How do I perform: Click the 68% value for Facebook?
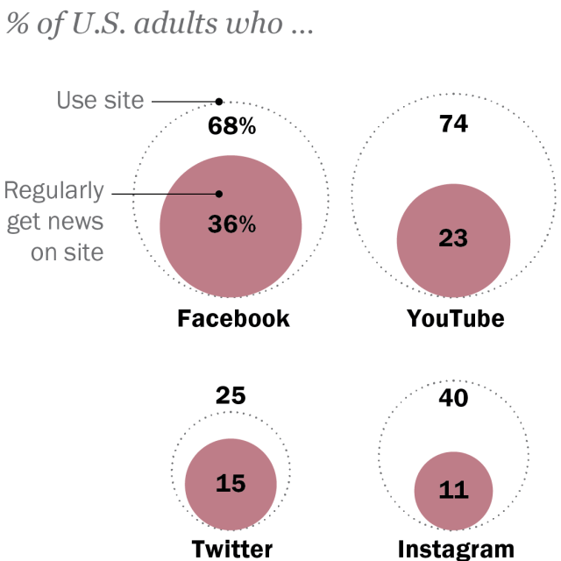coord(231,126)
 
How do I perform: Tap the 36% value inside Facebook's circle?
coord(231,224)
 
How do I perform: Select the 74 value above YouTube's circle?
coord(453,124)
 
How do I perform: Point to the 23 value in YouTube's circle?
coord(453,238)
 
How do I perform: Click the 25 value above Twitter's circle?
coord(231,395)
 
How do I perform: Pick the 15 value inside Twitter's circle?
coord(231,484)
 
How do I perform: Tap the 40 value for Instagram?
coord(453,398)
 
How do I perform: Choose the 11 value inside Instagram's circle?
coord(453,489)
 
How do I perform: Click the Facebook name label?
coord(233,318)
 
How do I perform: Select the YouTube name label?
coord(455,318)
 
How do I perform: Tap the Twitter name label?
coord(232,550)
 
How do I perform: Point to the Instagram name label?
coord(456,550)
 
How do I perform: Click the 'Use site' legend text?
coord(100,100)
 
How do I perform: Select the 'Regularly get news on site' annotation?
coord(54,222)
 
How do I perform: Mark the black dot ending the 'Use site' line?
coord(219,101)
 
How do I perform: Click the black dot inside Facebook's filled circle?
coord(219,194)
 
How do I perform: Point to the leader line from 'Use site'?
coord(184,101)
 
